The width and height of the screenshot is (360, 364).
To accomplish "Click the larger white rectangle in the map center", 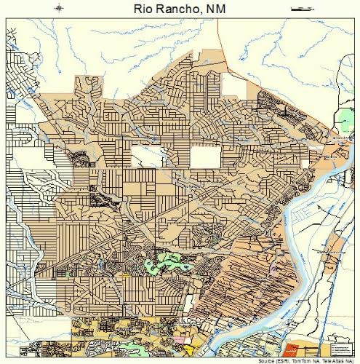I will click(x=204, y=156).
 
